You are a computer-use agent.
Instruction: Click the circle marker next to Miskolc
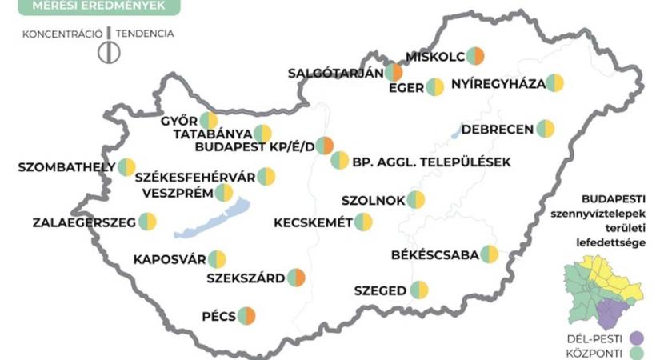tap(476, 55)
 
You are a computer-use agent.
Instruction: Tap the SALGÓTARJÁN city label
tap(336, 74)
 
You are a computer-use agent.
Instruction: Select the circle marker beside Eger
tap(435, 87)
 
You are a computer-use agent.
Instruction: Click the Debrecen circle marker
tap(546, 129)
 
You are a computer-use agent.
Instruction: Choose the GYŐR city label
tap(178, 122)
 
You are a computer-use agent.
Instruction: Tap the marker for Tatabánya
tap(263, 134)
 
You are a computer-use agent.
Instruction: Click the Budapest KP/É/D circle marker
tap(324, 146)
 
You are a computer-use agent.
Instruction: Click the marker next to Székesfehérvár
tap(266, 177)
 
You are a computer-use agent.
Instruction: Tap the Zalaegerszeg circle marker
tap(148, 222)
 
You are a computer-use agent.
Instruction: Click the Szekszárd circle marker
tap(297, 278)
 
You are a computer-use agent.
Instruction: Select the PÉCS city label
tap(219, 316)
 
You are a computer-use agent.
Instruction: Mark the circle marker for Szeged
tap(419, 290)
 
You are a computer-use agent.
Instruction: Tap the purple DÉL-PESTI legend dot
tap(637, 337)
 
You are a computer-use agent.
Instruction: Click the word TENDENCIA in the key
tap(145, 34)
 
